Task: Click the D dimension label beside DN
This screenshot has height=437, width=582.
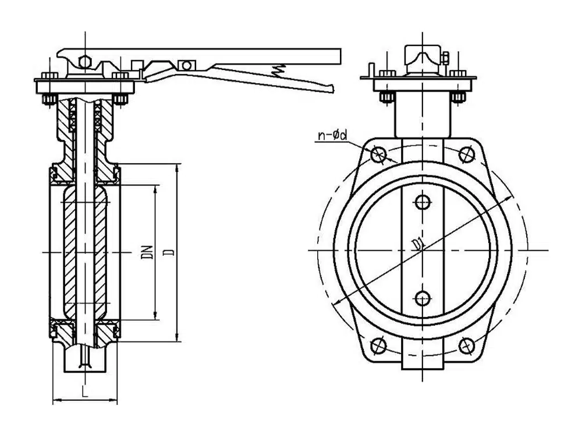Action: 169,252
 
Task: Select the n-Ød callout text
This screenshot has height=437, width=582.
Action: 332,135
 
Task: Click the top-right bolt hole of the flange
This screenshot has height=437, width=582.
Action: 466,154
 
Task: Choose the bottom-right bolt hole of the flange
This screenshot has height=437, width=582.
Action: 466,346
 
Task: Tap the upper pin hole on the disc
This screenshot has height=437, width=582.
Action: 423,202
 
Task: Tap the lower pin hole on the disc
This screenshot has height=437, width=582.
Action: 423,298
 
